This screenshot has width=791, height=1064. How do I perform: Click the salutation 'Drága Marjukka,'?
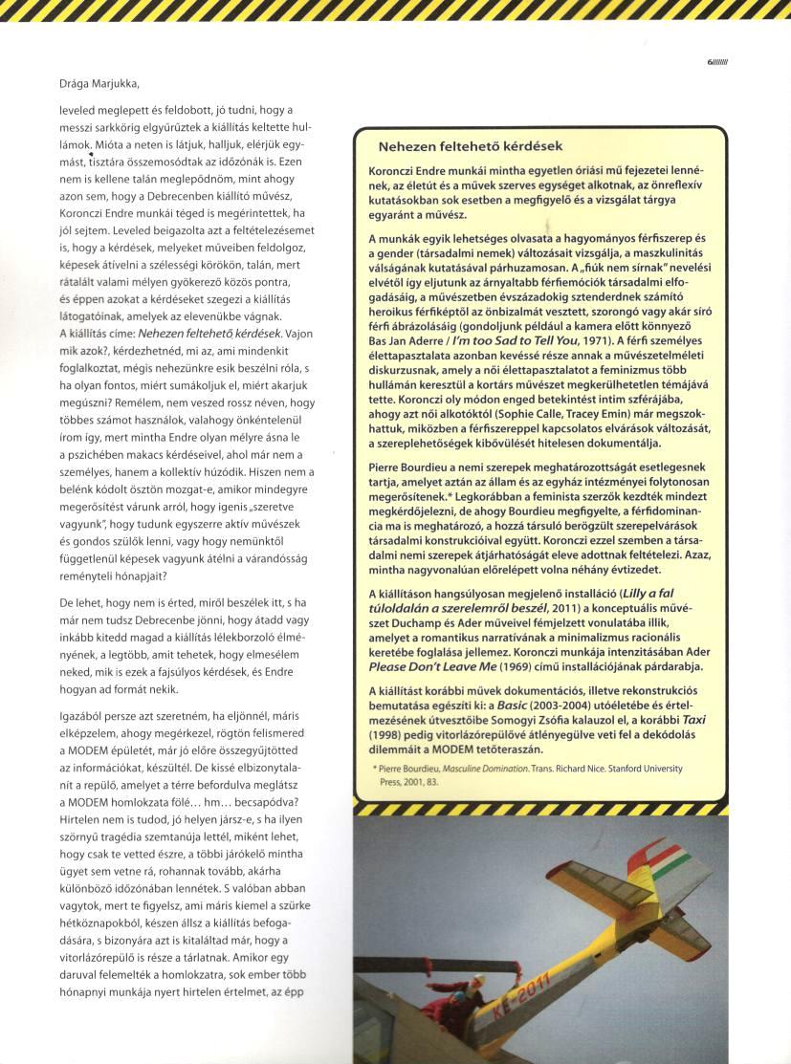pyautogui.click(x=105, y=83)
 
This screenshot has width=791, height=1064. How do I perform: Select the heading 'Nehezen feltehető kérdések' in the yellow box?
pyautogui.click(x=470, y=146)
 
